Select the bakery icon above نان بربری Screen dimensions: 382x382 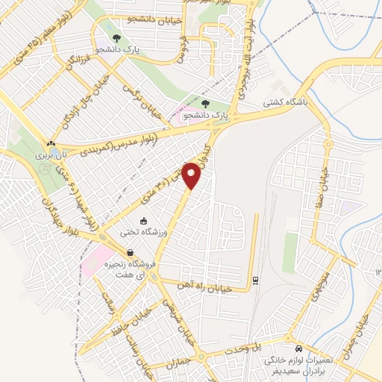click(50, 143)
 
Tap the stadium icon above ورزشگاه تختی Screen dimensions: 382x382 click(145, 220)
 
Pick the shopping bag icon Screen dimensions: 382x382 click(131, 254)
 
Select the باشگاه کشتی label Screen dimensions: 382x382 click(281, 106)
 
